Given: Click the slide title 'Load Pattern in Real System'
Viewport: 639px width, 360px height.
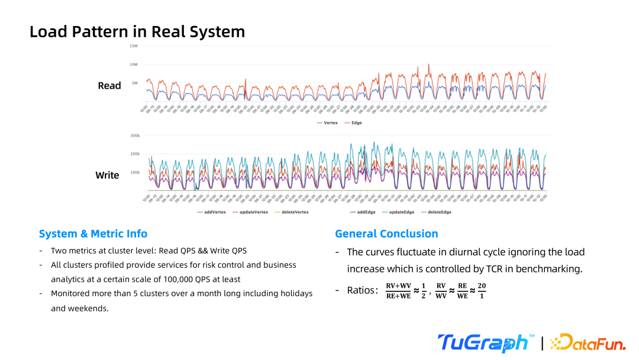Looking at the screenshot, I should coord(137,31).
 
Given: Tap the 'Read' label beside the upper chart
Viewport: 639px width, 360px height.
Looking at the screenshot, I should coord(109,86).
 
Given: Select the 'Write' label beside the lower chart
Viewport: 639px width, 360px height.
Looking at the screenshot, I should coord(107,175).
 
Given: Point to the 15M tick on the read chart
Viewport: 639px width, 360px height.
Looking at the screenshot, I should coord(134,46).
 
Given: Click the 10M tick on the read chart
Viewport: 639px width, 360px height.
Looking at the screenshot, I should coord(134,64).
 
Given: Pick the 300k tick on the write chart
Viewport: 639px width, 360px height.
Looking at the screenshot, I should coord(135,136).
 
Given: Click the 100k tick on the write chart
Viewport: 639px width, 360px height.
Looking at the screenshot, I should coord(134,172).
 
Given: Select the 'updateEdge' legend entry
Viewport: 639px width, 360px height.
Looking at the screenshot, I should coord(399,211).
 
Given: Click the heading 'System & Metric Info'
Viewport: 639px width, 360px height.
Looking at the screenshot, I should coord(93,234).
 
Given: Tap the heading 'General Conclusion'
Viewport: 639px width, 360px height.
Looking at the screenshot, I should coord(386,234).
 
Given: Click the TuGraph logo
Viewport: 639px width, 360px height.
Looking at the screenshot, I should coord(482,343).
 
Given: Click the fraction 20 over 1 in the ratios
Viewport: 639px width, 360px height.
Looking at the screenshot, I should coord(482,290).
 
